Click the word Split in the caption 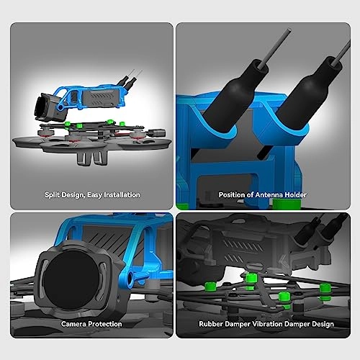51,195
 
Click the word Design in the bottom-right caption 323,324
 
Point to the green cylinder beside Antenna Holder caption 287,204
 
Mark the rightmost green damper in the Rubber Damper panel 324,292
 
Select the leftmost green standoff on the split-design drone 68,124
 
